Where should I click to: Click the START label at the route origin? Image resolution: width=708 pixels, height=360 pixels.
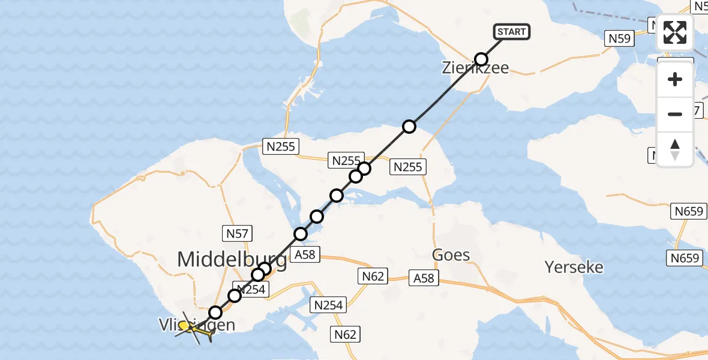pos(511,32)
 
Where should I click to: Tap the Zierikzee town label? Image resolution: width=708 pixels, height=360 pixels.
pos(475,68)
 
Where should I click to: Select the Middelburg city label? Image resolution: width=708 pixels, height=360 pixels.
pos(232,260)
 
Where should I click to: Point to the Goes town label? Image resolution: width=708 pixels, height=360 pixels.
pos(451,255)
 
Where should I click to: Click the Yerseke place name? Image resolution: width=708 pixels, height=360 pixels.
pos(574,266)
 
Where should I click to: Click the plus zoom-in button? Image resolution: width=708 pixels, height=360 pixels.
pos(675,79)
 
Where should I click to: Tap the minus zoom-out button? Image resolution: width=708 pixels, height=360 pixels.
pos(675,114)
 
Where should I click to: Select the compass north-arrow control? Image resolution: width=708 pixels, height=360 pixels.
pos(675,149)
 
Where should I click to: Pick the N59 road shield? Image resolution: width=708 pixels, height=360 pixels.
pos(620,38)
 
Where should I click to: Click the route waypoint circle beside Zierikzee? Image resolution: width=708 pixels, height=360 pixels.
pos(481,59)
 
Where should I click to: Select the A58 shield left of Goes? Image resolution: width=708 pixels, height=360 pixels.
pos(425,278)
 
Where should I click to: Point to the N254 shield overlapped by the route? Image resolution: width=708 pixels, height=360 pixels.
pos(247,289)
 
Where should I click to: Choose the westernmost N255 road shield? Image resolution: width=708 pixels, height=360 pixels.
pos(281,146)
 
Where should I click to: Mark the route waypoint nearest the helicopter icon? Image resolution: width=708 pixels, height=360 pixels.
pos(215,313)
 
